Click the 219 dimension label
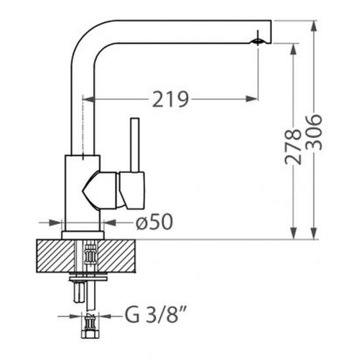coord(170,99)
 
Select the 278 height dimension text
coord(292,147)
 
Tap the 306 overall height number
coord(314,133)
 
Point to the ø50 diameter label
coord(154,222)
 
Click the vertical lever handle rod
coord(135,145)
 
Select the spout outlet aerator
coord(258,41)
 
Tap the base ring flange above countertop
coord(83,235)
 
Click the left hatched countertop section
coord(56,256)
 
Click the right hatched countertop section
coord(117,256)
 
